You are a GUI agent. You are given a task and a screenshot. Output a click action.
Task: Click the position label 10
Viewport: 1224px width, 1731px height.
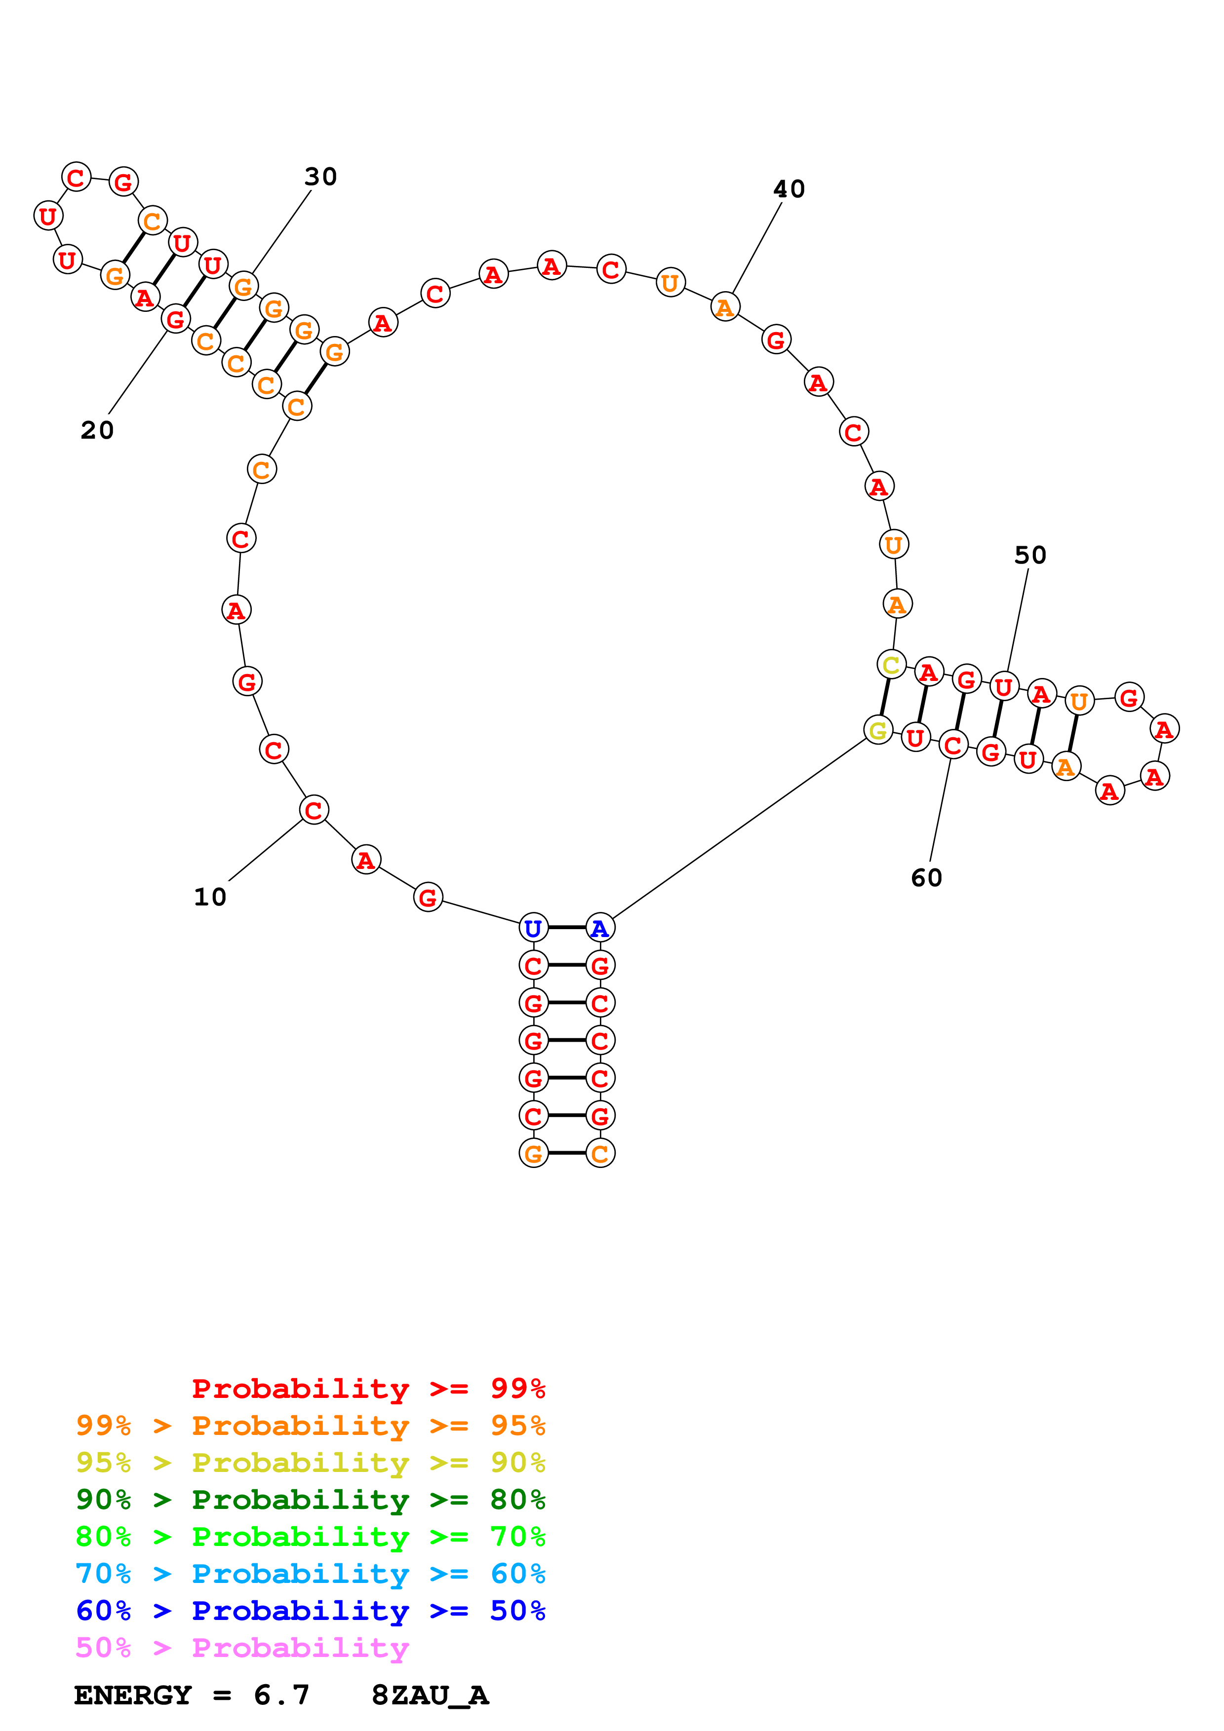[x=210, y=897]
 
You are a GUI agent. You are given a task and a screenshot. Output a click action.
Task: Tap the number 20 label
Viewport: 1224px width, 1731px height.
[x=97, y=430]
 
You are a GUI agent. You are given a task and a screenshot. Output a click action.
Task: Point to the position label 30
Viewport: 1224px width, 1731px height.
[x=320, y=177]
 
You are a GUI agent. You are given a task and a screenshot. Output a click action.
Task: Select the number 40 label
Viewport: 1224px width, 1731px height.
[x=789, y=189]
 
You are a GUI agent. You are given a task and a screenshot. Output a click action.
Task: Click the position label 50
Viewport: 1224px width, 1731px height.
[x=1030, y=556]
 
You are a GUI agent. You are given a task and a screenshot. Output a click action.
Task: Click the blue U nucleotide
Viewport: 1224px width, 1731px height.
[x=533, y=928]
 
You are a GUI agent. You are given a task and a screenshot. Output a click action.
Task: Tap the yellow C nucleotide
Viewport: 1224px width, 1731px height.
[x=891, y=665]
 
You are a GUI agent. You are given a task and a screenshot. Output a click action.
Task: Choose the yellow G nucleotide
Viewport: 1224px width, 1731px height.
[x=878, y=730]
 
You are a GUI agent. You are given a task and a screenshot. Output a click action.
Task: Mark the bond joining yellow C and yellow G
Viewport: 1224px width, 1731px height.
[x=885, y=697]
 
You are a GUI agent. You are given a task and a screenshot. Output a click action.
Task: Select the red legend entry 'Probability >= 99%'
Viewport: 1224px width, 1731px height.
[x=368, y=1389]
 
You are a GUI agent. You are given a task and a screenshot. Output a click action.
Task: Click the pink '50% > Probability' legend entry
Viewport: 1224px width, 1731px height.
[x=241, y=1648]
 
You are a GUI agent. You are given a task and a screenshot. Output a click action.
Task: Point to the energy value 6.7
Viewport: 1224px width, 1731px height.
[x=281, y=1695]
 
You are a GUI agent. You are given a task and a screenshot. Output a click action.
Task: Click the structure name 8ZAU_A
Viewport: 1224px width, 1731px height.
[x=430, y=1695]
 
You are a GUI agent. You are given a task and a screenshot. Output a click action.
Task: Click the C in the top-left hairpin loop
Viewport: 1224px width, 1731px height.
[x=76, y=178]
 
